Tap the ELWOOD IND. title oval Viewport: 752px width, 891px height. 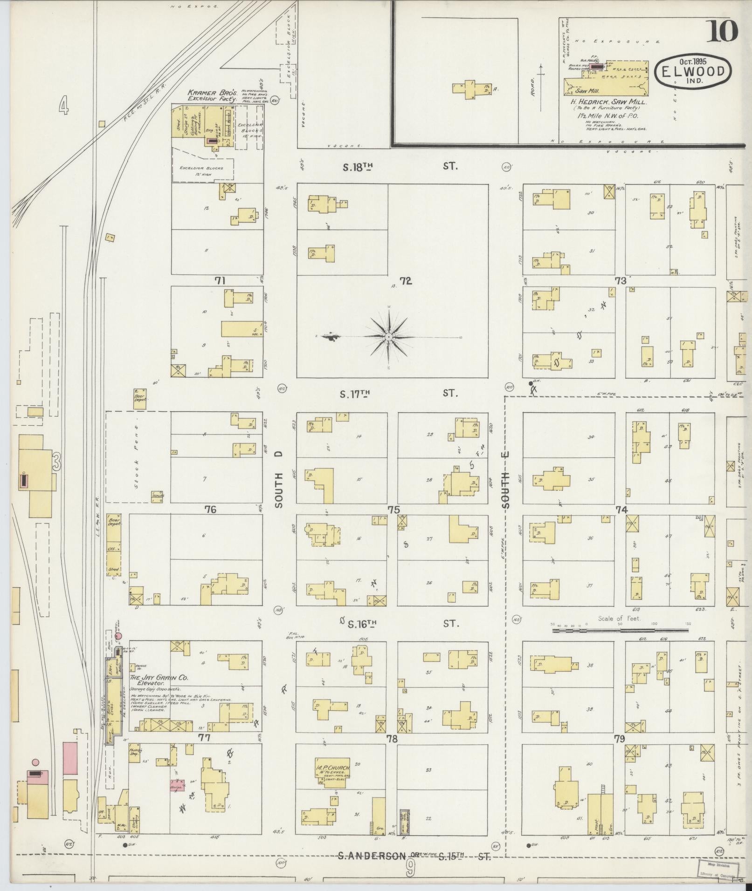(693, 71)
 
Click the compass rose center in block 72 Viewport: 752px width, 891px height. (389, 336)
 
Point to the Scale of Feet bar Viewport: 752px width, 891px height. (620, 631)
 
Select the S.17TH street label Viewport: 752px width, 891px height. (356, 394)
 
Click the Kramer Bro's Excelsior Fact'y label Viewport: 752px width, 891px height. (212, 95)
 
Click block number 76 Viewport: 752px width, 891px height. (211, 510)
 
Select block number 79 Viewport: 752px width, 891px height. (619, 739)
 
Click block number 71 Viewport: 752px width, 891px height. (220, 280)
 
